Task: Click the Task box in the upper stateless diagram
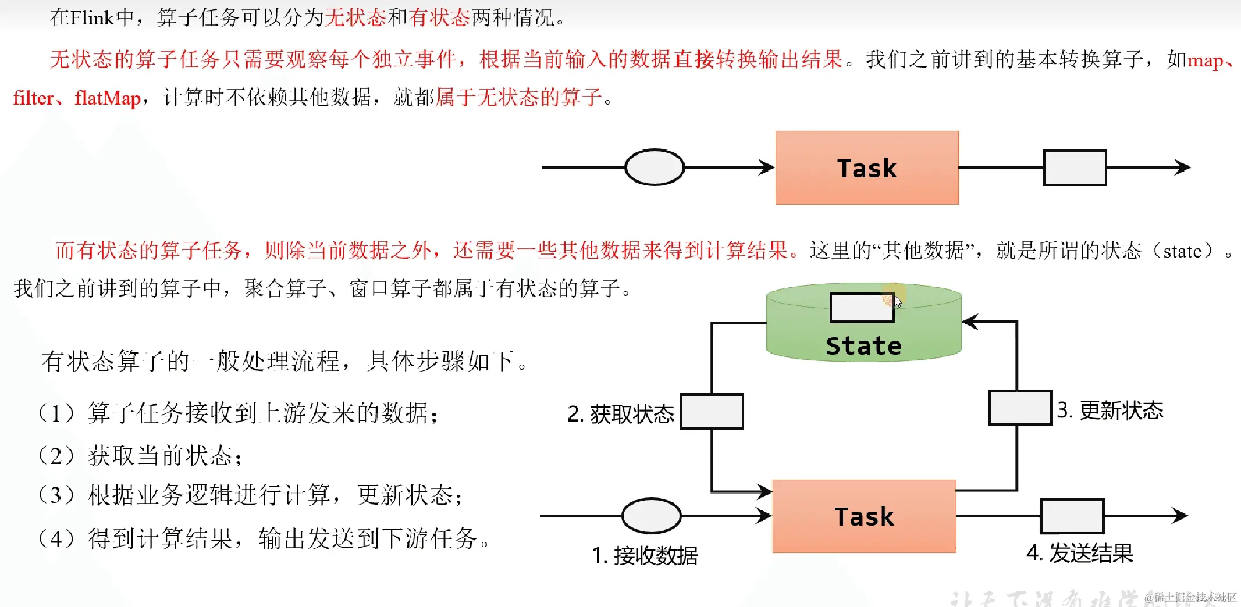[867, 167]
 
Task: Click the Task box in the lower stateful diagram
[864, 516]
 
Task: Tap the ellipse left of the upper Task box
[655, 167]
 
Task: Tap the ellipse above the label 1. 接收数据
[651, 515]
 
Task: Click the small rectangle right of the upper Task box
[1075, 167]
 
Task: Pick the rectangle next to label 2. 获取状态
[712, 412]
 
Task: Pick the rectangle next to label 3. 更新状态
[1020, 408]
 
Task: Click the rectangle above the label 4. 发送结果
[1072, 516]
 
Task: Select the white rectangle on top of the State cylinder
[862, 308]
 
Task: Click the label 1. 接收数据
[644, 556]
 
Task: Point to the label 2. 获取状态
[620, 414]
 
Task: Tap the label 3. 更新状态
[1110, 410]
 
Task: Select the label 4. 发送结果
[1079, 553]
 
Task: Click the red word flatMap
[108, 98]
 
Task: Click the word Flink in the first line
[93, 17]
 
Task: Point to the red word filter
[33, 98]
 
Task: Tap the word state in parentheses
[1182, 251]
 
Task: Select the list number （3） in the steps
[56, 495]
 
